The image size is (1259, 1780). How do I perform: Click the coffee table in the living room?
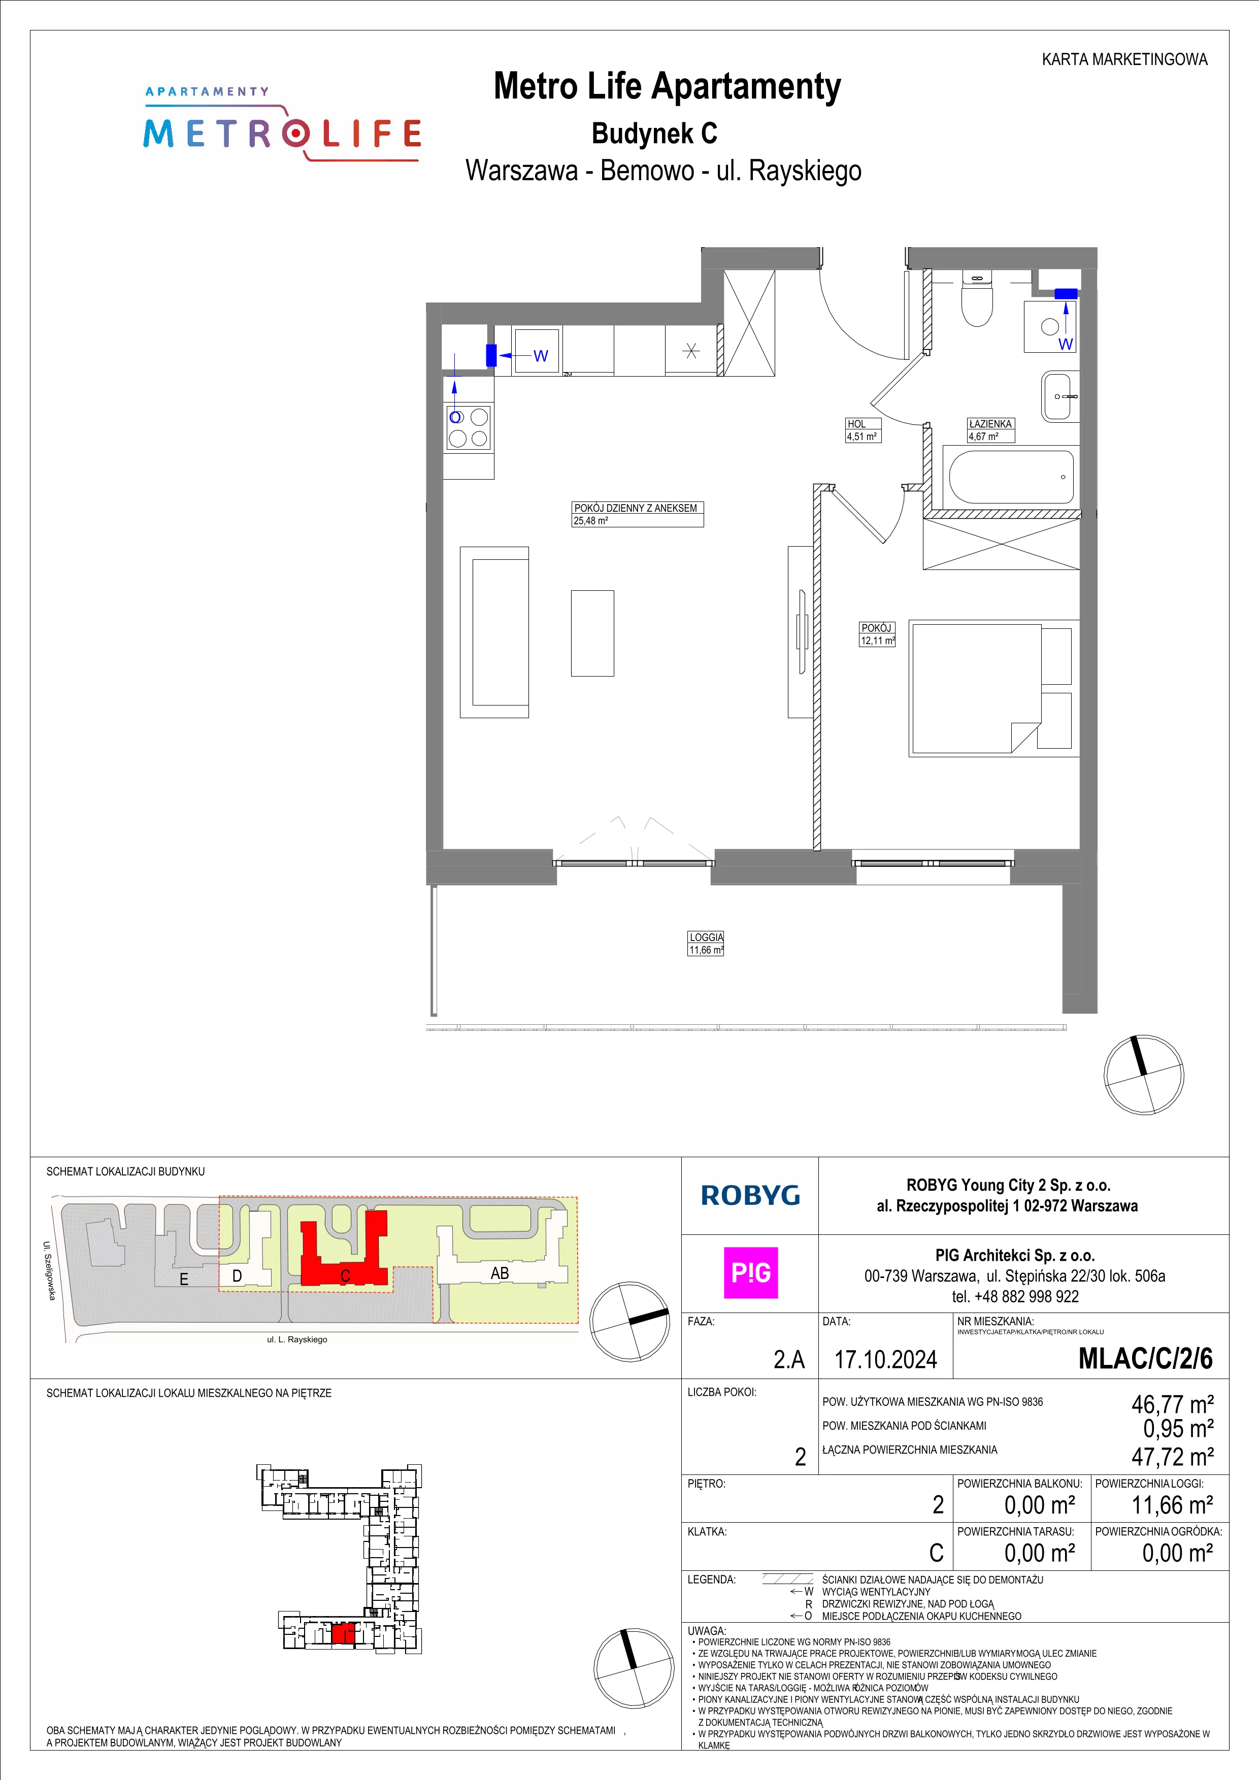tap(592, 632)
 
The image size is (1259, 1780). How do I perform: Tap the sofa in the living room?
tap(494, 632)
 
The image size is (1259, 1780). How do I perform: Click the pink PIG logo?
tap(750, 1272)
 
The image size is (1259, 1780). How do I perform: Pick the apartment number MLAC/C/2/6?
tap(1145, 1359)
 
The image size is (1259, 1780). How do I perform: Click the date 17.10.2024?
tap(885, 1359)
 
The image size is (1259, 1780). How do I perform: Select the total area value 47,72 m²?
tap(1172, 1457)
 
